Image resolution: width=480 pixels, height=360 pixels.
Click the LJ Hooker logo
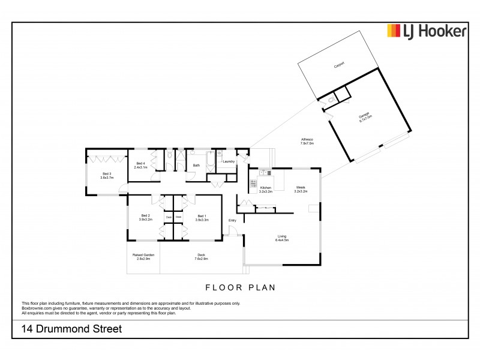[x=426, y=31]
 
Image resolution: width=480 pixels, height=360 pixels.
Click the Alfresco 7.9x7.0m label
[x=307, y=142]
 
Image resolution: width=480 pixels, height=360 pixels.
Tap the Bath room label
[x=196, y=166]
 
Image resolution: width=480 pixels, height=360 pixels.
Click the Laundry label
[x=228, y=161]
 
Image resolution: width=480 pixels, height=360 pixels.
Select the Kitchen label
[x=266, y=189]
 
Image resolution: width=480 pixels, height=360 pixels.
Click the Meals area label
[x=301, y=189]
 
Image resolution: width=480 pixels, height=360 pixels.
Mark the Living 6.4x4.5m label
[x=282, y=238]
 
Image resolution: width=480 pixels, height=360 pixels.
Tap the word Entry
[x=232, y=220]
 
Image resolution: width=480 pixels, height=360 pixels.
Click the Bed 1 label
[x=201, y=218]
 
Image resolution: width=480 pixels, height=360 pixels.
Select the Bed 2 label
[x=146, y=218]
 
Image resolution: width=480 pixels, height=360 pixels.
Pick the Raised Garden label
[x=143, y=257]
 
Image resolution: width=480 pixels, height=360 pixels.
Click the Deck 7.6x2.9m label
[x=201, y=257]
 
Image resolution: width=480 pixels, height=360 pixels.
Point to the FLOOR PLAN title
[x=240, y=287]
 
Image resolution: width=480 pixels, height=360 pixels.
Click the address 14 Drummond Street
[x=71, y=329]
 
